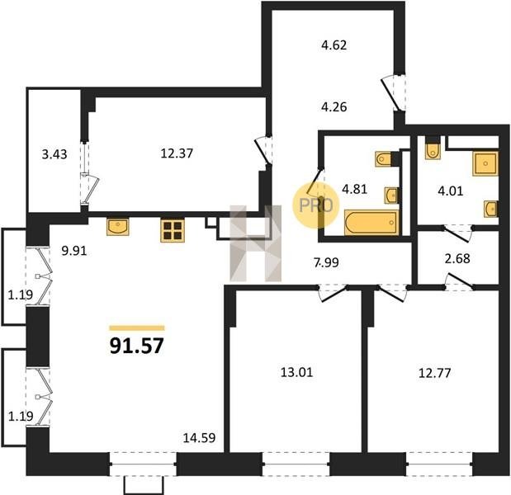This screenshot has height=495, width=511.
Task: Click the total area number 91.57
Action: click(x=136, y=346)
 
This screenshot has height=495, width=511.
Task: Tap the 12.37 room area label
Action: click(x=177, y=153)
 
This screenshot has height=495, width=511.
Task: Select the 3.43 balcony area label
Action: click(x=54, y=154)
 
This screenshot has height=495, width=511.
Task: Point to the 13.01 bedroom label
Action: click(x=296, y=372)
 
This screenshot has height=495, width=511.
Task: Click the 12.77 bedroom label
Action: click(x=434, y=373)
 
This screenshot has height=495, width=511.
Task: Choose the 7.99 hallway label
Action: click(x=327, y=262)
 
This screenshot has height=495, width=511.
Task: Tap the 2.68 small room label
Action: click(x=457, y=258)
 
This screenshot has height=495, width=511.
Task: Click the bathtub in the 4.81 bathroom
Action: click(x=371, y=223)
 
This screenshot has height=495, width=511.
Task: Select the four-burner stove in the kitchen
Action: click(x=173, y=230)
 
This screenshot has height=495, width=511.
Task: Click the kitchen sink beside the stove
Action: click(x=118, y=227)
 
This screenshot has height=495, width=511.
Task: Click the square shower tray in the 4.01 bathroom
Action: click(x=485, y=163)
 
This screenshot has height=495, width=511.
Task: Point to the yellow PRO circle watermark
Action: click(x=316, y=205)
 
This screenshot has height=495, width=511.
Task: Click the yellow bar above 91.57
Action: click(x=137, y=328)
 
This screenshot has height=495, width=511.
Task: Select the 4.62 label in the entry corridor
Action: click(x=334, y=45)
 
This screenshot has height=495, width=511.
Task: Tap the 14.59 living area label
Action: click(x=199, y=438)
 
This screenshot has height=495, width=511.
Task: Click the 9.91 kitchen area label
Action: click(x=74, y=251)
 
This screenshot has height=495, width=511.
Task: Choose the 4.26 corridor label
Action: click(x=334, y=106)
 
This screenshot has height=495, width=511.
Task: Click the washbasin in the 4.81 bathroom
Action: click(x=391, y=196)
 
